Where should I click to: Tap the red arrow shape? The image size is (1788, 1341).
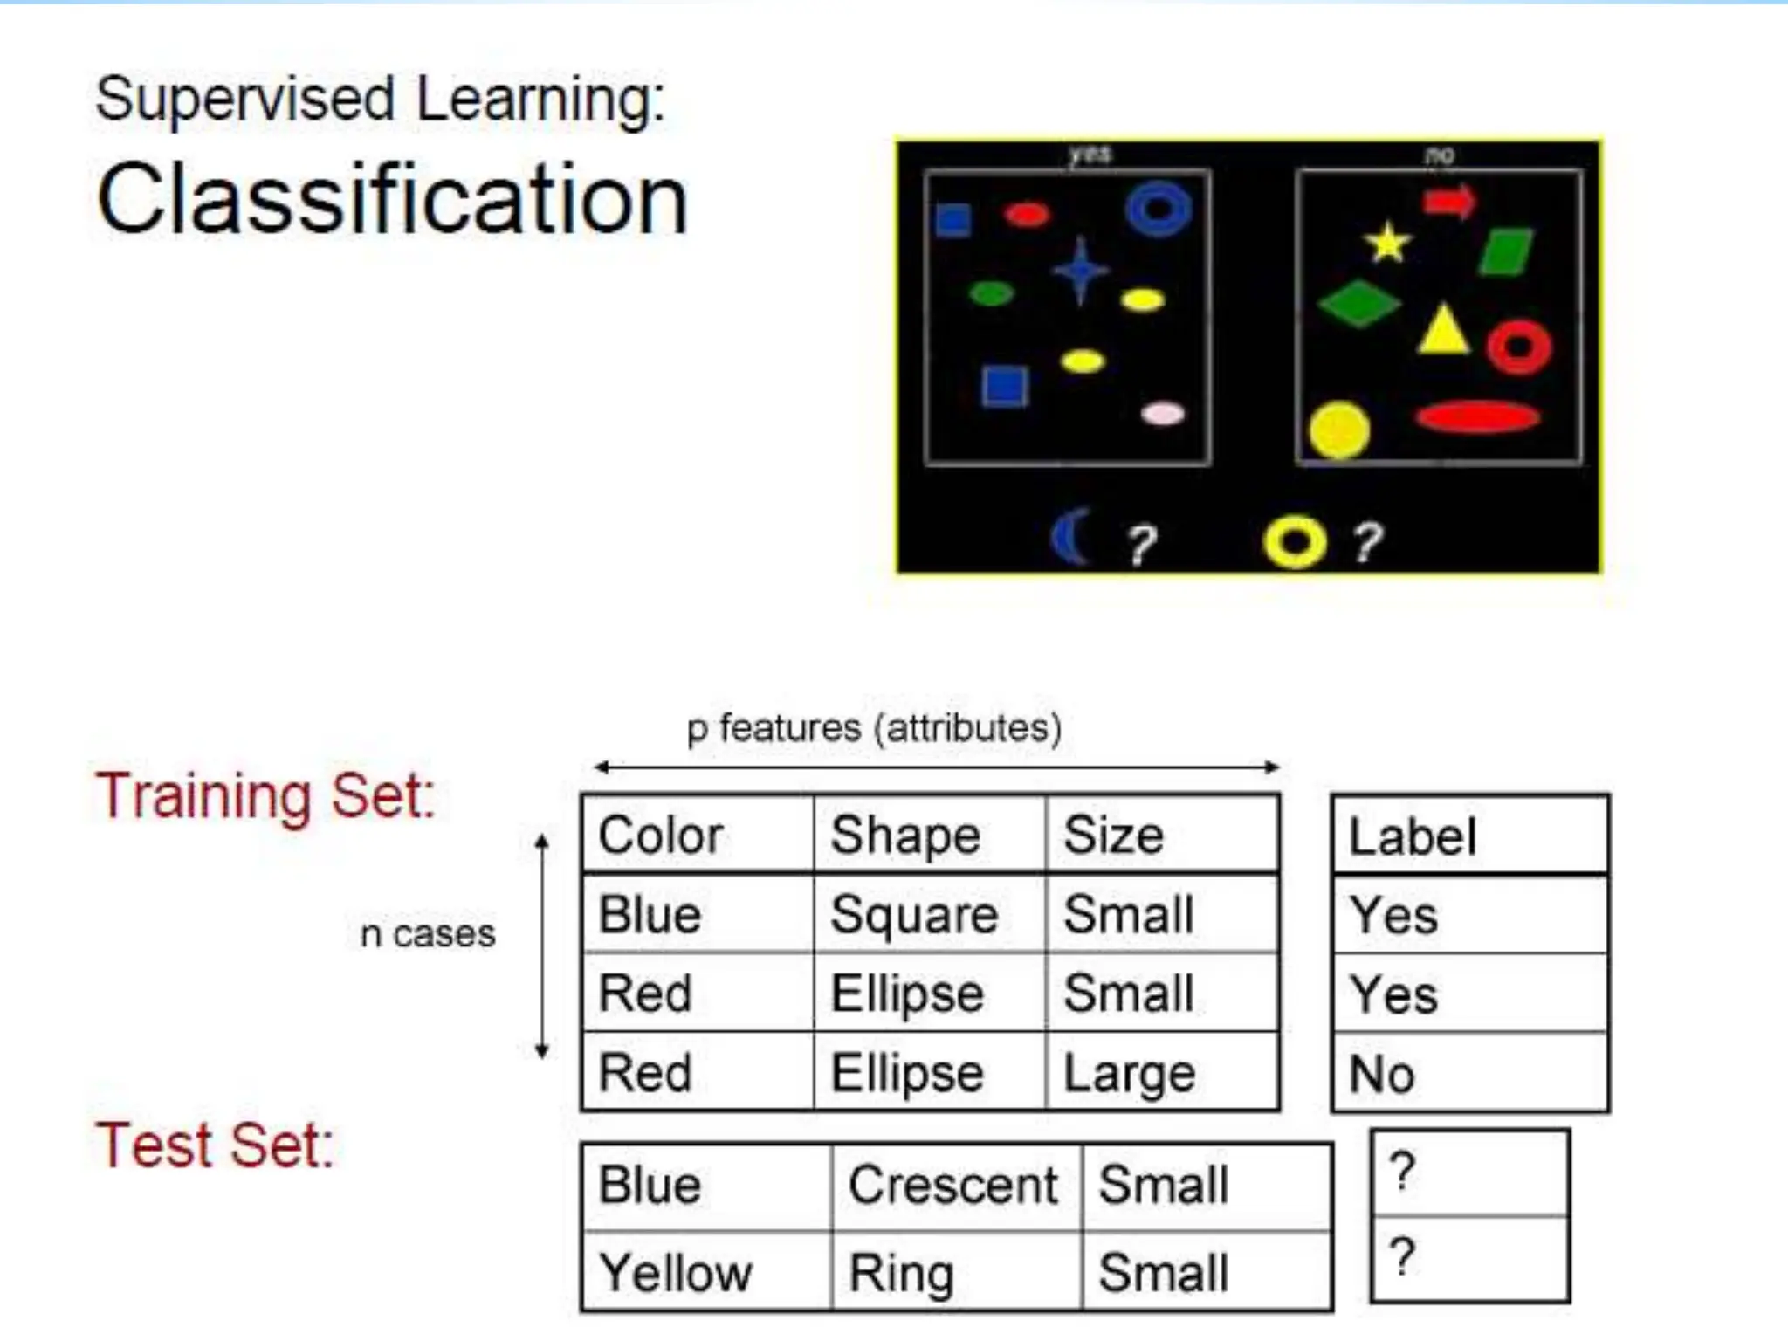point(1449,202)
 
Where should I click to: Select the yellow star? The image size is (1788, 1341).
point(1387,243)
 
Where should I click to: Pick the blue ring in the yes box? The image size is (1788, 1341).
point(1159,209)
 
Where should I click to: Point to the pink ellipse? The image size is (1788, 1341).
point(1163,414)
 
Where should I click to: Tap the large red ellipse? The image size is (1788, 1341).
point(1477,417)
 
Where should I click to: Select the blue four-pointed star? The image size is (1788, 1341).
point(1081,272)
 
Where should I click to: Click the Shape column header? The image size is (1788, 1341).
point(905,836)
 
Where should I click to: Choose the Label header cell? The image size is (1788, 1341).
point(1413,836)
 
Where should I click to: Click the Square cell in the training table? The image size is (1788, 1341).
point(914,915)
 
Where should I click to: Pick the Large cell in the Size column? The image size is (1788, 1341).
point(1129,1073)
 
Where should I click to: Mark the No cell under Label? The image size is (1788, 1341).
point(1381,1074)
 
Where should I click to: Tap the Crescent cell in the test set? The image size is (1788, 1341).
point(953,1186)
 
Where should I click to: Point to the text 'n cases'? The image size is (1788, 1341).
point(428,934)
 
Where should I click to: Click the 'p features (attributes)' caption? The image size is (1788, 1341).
point(874,728)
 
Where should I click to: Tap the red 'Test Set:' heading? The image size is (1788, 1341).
point(215,1145)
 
